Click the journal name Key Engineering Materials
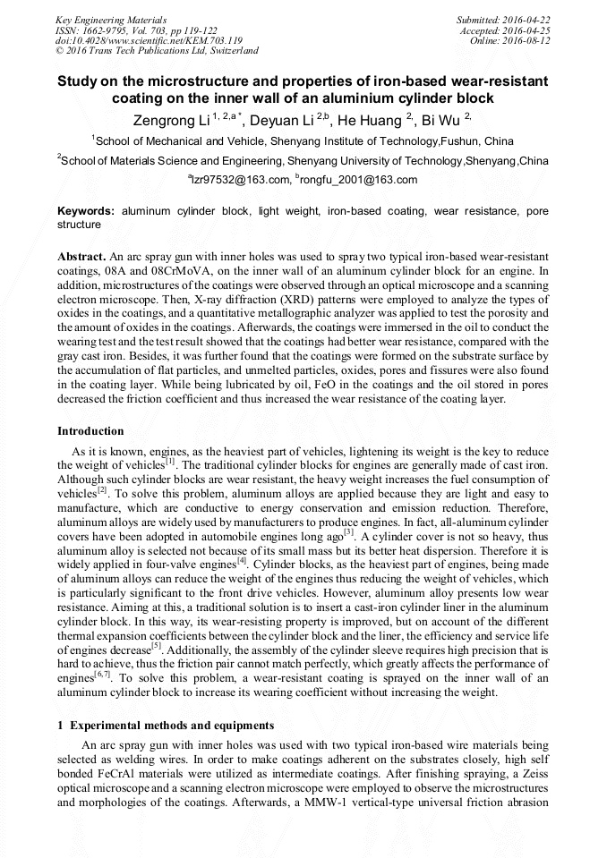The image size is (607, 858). (110, 19)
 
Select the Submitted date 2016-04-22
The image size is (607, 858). (503, 19)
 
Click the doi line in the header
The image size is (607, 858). (149, 40)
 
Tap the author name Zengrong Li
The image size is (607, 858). (168, 121)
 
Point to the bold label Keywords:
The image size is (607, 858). (86, 211)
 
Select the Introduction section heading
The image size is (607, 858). (90, 431)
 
